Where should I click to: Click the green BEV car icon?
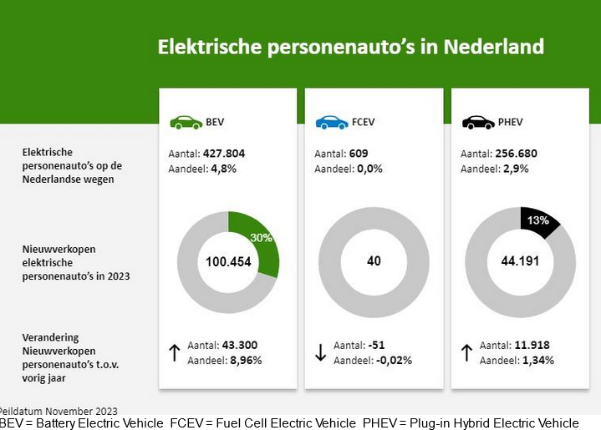tap(186, 123)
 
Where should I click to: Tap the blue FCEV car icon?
tap(332, 123)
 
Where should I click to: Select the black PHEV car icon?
tap(478, 123)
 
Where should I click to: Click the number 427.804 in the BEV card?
tap(223, 154)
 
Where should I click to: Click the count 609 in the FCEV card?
tap(359, 154)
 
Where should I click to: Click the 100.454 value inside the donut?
tap(228, 261)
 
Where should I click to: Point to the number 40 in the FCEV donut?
tap(374, 261)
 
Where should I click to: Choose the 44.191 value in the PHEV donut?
tap(520, 261)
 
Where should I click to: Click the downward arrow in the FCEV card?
tap(320, 352)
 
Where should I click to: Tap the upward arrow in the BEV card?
tap(175, 352)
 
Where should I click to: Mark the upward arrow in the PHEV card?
tap(466, 352)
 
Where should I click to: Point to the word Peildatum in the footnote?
tap(21, 411)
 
